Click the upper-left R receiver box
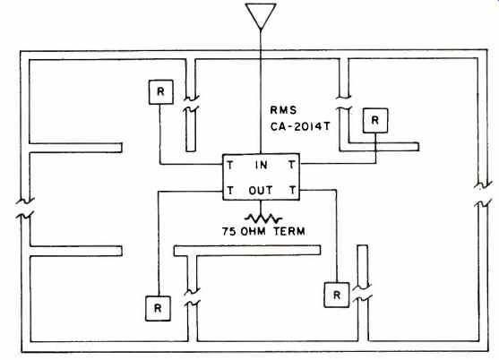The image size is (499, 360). point(161,92)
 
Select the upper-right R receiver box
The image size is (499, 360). point(375,121)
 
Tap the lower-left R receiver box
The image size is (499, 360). point(158,308)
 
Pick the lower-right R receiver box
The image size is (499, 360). point(337,295)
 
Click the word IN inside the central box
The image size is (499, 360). point(262,165)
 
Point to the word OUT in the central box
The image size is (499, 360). point(261,191)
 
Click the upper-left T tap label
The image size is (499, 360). point(229,165)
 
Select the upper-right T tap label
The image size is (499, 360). point(291,165)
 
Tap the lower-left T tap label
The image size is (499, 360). point(230,191)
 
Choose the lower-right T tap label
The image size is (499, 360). point(292,190)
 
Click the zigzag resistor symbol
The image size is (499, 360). point(263,219)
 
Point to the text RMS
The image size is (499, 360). point(283,110)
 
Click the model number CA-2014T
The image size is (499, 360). point(300,126)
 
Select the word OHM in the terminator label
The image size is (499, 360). point(254,231)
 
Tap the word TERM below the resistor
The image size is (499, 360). point(289,231)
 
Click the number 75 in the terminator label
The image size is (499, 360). point(229,231)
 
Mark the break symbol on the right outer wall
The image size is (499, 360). point(483,194)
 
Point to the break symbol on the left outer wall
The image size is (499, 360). point(25,209)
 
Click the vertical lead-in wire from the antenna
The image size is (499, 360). point(261,92)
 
